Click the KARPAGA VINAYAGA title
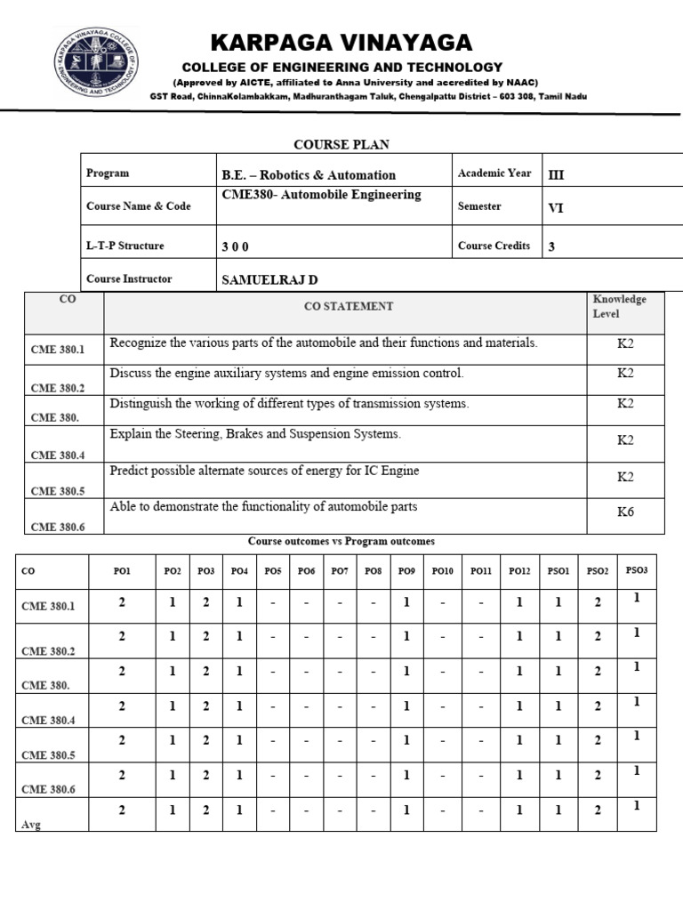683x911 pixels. click(x=341, y=43)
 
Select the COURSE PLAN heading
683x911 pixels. click(x=341, y=144)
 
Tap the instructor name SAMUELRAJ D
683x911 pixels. click(x=269, y=279)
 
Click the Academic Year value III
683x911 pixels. click(x=556, y=174)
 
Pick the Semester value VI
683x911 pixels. click(x=556, y=208)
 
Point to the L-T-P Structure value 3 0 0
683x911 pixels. click(x=235, y=246)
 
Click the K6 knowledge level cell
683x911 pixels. click(x=625, y=512)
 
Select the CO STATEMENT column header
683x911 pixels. click(x=349, y=306)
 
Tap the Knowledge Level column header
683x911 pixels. click(x=620, y=306)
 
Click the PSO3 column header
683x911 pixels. click(x=636, y=569)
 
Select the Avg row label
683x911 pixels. click(x=32, y=825)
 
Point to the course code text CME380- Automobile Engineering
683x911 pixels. click(x=320, y=195)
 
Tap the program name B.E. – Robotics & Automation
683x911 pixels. click(x=308, y=175)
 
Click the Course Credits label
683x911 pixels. click(x=494, y=246)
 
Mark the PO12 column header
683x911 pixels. click(x=519, y=570)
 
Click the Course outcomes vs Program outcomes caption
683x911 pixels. click(x=341, y=541)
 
